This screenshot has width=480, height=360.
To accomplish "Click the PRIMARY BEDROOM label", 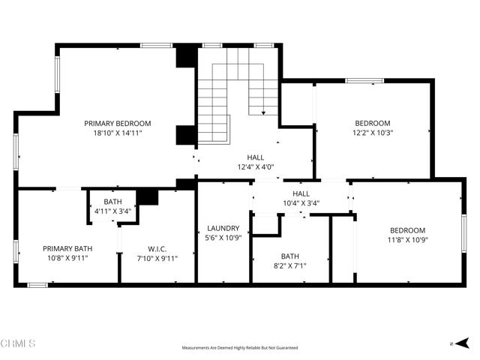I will pyautogui.click(x=118, y=123).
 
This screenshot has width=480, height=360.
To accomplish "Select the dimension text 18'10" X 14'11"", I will pyautogui.click(x=118, y=133).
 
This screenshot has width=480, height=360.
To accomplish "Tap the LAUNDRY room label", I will pyautogui.click(x=223, y=228).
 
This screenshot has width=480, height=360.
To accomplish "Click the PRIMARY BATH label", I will pyautogui.click(x=67, y=249).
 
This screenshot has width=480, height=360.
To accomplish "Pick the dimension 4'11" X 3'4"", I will pyautogui.click(x=112, y=211).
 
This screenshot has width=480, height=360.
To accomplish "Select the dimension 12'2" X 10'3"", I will pyautogui.click(x=373, y=133).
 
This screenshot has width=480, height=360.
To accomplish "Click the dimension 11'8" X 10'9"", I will pyautogui.click(x=407, y=240).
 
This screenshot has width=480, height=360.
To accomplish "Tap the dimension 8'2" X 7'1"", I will pyautogui.click(x=289, y=265).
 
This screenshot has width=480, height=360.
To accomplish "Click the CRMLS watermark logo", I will pyautogui.click(x=18, y=344).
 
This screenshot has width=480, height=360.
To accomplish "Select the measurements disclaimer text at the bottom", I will pyautogui.click(x=240, y=348).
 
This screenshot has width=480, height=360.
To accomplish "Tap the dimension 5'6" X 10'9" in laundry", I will pyautogui.click(x=223, y=238).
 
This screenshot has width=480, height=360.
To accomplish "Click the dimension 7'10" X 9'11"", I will pyautogui.click(x=157, y=260).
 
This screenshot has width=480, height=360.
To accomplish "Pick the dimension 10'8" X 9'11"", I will pyautogui.click(x=67, y=259).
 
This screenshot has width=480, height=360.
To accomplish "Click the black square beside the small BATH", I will pyautogui.click(x=148, y=196).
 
